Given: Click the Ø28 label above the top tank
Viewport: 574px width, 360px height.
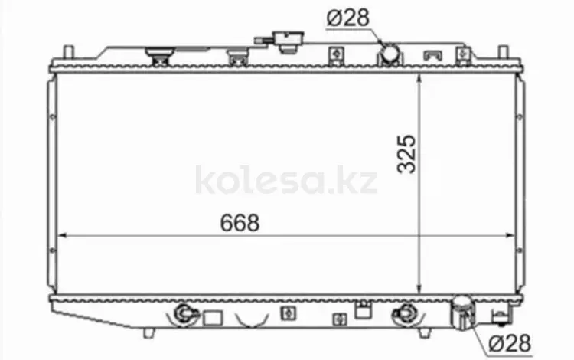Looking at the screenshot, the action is [347, 18].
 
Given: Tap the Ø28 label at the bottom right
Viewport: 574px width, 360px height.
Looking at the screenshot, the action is [510, 343].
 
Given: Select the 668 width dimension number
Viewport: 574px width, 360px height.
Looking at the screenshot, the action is [240, 223].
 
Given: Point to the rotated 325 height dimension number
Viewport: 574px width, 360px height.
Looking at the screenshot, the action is [406, 154].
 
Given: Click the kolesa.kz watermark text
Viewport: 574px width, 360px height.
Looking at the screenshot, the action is [286, 180].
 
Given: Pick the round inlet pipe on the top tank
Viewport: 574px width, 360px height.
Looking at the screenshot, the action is [390, 54].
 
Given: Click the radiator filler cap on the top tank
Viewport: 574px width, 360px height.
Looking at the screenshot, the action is [288, 41].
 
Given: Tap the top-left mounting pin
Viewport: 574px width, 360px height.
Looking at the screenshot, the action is [68, 52].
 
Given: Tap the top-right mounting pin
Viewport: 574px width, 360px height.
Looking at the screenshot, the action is [504, 52].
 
